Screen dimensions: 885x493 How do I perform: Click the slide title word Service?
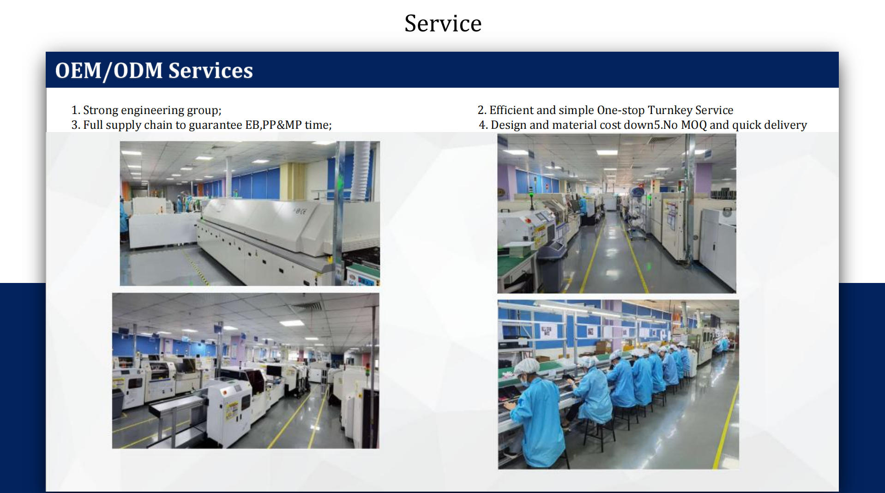click(443, 23)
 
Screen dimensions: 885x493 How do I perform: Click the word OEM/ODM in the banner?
click(109, 71)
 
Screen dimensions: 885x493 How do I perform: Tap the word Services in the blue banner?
click(211, 71)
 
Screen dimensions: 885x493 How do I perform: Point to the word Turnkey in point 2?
click(670, 110)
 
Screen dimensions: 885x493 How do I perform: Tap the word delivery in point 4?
click(785, 125)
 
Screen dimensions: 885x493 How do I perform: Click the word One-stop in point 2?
click(620, 110)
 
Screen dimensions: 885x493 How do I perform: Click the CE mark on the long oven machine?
click(300, 211)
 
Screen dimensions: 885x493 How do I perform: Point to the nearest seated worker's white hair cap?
click(527, 367)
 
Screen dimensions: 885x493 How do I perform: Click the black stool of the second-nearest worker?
click(596, 433)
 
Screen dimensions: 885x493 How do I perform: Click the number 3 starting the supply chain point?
click(75, 125)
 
